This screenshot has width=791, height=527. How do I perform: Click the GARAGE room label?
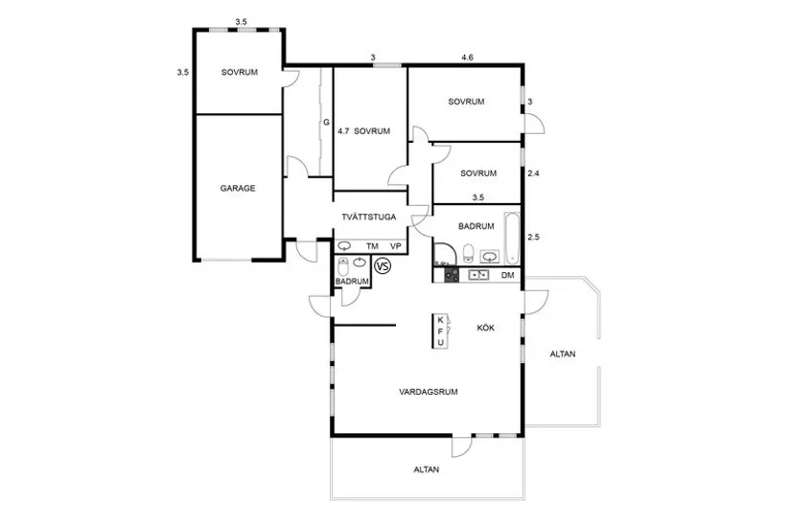(238, 188)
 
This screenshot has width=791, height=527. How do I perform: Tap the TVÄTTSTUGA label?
(369, 217)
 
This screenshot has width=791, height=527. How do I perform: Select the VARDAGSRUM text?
(429, 391)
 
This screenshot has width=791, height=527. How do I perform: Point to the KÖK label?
(486, 328)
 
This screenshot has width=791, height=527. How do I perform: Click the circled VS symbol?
(383, 265)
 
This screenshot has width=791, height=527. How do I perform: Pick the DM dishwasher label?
(507, 275)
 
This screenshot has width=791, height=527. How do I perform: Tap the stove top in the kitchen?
(452, 275)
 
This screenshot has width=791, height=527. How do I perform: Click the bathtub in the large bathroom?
(512, 239)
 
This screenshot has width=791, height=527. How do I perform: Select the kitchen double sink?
(478, 275)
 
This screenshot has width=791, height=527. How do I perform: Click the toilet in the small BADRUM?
(343, 266)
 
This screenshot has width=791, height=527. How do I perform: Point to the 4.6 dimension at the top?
(467, 57)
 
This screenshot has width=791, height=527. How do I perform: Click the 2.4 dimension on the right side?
(533, 173)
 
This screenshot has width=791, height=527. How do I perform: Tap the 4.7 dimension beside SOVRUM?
(343, 131)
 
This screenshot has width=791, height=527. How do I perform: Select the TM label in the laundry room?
(372, 246)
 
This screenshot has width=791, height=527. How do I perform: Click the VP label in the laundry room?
(395, 246)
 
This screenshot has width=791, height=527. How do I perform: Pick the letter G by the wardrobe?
(326, 122)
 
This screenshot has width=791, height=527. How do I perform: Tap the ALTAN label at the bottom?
(427, 470)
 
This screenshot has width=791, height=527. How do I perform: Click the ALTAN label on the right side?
(563, 354)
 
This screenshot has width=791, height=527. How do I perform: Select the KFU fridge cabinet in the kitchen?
(440, 331)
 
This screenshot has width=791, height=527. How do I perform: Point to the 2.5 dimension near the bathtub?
(533, 237)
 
